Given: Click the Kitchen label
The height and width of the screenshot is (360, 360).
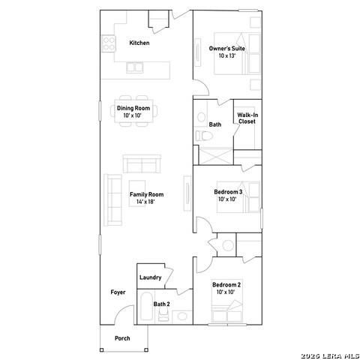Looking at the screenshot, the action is pyautogui.click(x=139, y=43).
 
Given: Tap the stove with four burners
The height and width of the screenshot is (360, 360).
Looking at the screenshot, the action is pyautogui.click(x=109, y=43).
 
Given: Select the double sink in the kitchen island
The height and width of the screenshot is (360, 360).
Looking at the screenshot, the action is pyautogui.click(x=135, y=67).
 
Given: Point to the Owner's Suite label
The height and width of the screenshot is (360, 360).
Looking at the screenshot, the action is pyautogui.click(x=227, y=49).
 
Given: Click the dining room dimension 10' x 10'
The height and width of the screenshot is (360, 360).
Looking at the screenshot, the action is pyautogui.click(x=133, y=115).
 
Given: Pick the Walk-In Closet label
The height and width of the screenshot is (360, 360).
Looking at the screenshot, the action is pyautogui.click(x=247, y=118).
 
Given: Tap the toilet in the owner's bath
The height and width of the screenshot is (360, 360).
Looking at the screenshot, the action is pyautogui.click(x=204, y=136).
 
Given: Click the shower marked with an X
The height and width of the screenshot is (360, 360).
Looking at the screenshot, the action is pyautogui.click(x=216, y=156).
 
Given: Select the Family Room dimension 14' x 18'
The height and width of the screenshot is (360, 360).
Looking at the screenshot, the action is pyautogui.click(x=145, y=202).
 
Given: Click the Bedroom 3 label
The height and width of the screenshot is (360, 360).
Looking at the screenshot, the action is pyautogui.click(x=228, y=192).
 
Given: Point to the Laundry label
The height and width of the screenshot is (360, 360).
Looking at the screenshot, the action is pyautogui.click(x=150, y=277).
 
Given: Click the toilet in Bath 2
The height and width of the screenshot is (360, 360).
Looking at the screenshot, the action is pyautogui.click(x=163, y=314).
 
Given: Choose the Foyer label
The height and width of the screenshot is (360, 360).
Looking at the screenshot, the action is pyautogui.click(x=118, y=292).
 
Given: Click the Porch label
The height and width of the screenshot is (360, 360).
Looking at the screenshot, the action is pyautogui.click(x=122, y=338).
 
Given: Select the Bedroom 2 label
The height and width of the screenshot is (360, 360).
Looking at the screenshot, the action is pyautogui.click(x=226, y=285).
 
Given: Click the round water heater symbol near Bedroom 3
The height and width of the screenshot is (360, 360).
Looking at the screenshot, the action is pyautogui.click(x=228, y=245).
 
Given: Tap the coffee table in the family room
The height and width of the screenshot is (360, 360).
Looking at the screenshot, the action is pyautogui.click(x=137, y=193).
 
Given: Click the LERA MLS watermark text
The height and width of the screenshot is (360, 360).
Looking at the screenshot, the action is pyautogui.click(x=330, y=356).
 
